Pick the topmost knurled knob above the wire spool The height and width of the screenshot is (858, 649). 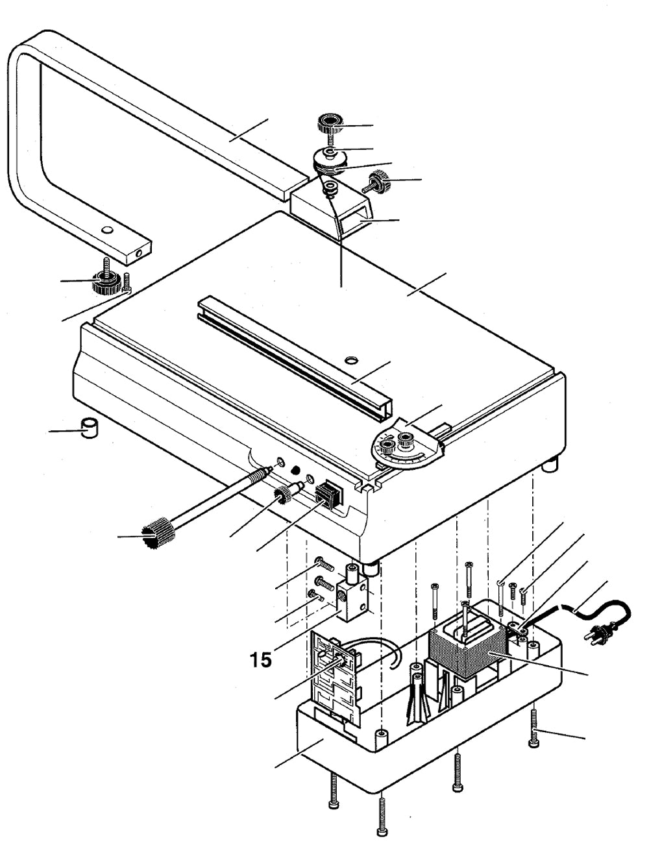pyautogui.click(x=330, y=123)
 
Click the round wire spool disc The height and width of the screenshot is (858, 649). pyautogui.click(x=330, y=159)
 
